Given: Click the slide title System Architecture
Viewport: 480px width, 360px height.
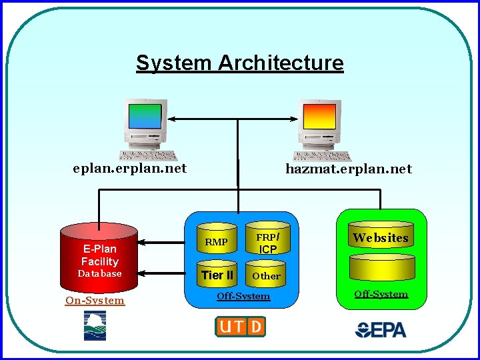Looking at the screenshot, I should (240, 63).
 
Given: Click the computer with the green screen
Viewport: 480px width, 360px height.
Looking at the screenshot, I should (147, 127).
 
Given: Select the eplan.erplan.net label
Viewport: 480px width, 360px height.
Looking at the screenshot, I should (130, 168).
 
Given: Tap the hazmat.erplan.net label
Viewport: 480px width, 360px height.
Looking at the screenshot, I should (349, 169).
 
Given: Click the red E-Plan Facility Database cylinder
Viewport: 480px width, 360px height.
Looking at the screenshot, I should (99, 257).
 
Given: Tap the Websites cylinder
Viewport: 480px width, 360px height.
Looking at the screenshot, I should (380, 238).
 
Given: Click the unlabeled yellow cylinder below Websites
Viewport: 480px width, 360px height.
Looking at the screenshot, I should (380, 268).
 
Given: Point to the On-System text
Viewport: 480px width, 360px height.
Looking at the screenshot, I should (95, 301).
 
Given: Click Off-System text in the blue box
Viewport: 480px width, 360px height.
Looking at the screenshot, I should (243, 296).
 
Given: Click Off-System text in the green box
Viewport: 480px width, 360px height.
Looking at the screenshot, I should (381, 294).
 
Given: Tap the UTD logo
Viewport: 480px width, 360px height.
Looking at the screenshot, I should (240, 326).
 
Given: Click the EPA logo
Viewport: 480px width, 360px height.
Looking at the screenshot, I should (381, 329).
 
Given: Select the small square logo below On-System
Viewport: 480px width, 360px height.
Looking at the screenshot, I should (95, 325).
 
